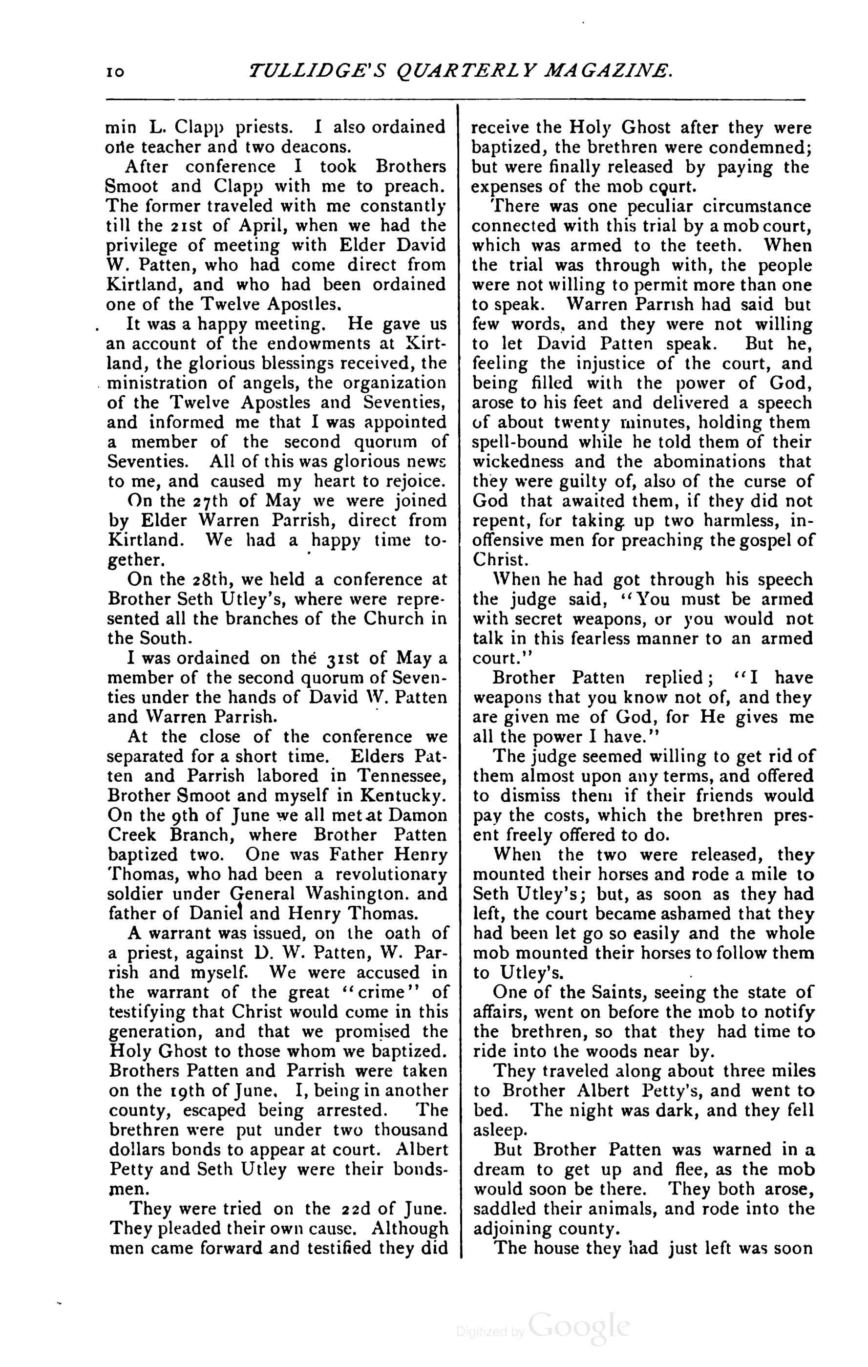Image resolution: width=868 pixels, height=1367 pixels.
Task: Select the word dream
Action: [501, 1170]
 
